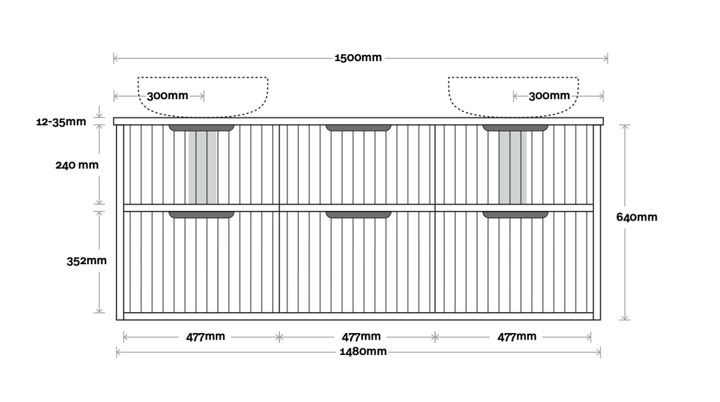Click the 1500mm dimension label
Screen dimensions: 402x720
[x=359, y=58]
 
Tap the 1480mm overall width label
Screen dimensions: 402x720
[x=363, y=351]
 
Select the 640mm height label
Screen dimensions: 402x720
[x=637, y=217]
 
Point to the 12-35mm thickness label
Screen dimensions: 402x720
[x=61, y=122]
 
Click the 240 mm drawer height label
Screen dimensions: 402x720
[x=77, y=166]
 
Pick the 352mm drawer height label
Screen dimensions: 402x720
[x=86, y=261]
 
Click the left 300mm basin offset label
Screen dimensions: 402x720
[x=167, y=96]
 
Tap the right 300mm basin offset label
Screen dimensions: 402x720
[x=549, y=96]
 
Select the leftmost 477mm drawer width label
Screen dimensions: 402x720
[x=205, y=337]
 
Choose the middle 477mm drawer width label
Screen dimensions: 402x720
[x=361, y=337]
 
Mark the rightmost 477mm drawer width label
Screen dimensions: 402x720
[x=517, y=337]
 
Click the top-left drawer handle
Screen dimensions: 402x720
[x=202, y=128]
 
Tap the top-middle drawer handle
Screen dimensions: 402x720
[x=359, y=128]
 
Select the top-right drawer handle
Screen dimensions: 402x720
[x=515, y=128]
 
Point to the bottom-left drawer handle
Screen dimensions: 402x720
[x=202, y=214]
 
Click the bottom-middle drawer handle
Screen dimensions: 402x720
[x=359, y=214]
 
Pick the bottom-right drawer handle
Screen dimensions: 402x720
[x=515, y=214]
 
